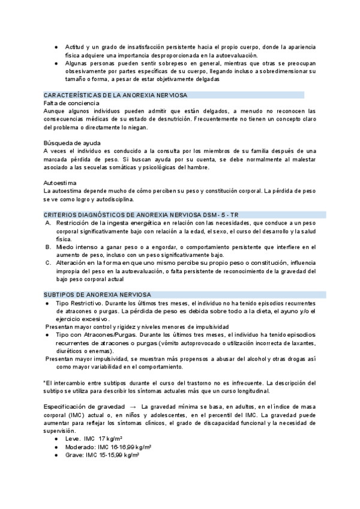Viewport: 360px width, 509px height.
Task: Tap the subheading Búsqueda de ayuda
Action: pyautogui.click(x=72, y=142)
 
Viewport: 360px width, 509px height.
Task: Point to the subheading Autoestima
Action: pyautogui.click(x=61, y=182)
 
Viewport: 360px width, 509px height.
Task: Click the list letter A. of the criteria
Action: pyautogui.click(x=49, y=223)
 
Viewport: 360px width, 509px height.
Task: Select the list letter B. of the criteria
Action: pyautogui.click(x=49, y=247)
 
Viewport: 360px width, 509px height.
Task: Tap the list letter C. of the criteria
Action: pyautogui.click(x=49, y=263)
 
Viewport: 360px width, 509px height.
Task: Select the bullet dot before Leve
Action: pyautogui.click(x=56, y=439)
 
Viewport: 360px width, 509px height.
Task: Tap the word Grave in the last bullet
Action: pyautogui.click(x=74, y=455)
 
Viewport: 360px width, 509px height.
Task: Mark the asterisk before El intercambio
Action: pyautogui.click(x=45, y=382)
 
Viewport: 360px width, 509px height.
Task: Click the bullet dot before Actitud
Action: pyautogui.click(x=56, y=47)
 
